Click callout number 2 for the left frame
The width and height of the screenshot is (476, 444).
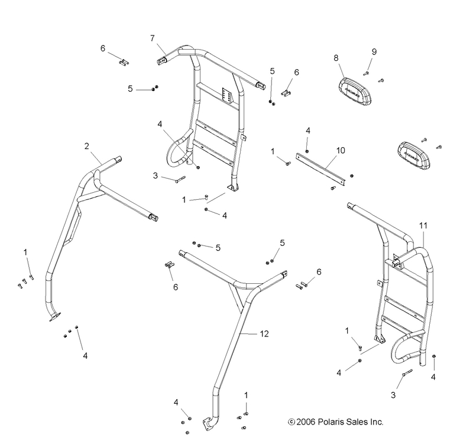(x=87, y=145)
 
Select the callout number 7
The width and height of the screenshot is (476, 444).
(x=152, y=38)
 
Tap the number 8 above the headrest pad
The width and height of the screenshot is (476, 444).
(x=336, y=59)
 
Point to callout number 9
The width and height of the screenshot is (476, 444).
(x=373, y=52)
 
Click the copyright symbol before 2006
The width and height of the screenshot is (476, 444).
(x=290, y=422)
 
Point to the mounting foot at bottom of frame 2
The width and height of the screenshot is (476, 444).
(x=55, y=317)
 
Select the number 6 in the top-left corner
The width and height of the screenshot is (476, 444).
(x=102, y=48)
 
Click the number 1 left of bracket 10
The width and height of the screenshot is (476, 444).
(x=273, y=151)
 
